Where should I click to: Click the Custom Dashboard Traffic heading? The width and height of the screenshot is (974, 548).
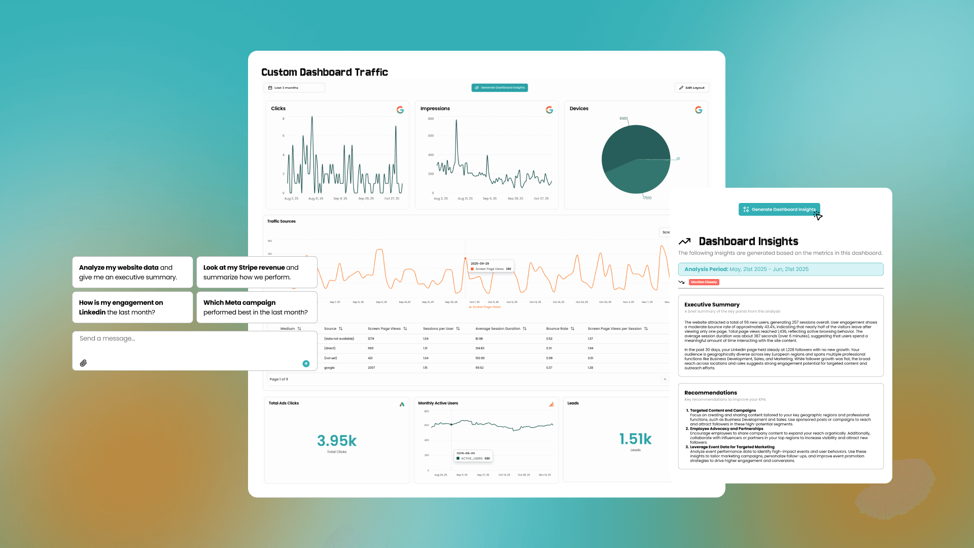pyautogui.click(x=325, y=72)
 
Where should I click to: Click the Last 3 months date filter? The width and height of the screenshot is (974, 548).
pyautogui.click(x=294, y=88)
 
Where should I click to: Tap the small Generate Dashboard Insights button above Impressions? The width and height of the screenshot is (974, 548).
pyautogui.click(x=500, y=88)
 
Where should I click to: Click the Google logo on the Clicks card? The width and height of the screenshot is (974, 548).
pyautogui.click(x=400, y=110)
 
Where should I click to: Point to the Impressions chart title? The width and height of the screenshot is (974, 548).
pyautogui.click(x=435, y=109)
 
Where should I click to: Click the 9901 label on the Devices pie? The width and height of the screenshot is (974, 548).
pyautogui.click(x=623, y=118)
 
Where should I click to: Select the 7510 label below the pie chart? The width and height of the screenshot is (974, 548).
pyautogui.click(x=647, y=198)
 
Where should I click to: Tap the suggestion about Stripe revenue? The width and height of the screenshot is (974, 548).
pyautogui.click(x=257, y=272)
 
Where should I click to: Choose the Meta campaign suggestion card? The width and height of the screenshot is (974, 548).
pyautogui.click(x=257, y=307)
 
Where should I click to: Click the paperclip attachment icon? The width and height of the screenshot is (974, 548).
pyautogui.click(x=83, y=363)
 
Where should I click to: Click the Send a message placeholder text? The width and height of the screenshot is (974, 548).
pyautogui.click(x=108, y=338)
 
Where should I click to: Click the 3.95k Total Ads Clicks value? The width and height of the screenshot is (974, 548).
pyautogui.click(x=337, y=440)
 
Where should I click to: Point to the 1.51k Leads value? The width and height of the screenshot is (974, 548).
pyautogui.click(x=635, y=439)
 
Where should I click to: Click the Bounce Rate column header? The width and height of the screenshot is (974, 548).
pyautogui.click(x=557, y=329)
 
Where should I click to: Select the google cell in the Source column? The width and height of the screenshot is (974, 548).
pyautogui.click(x=329, y=368)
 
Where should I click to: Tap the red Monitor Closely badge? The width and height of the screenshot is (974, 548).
pyautogui.click(x=704, y=282)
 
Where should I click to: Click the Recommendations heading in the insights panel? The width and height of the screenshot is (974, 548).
pyautogui.click(x=710, y=393)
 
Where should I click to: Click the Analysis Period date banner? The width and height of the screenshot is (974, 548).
pyautogui.click(x=780, y=269)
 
